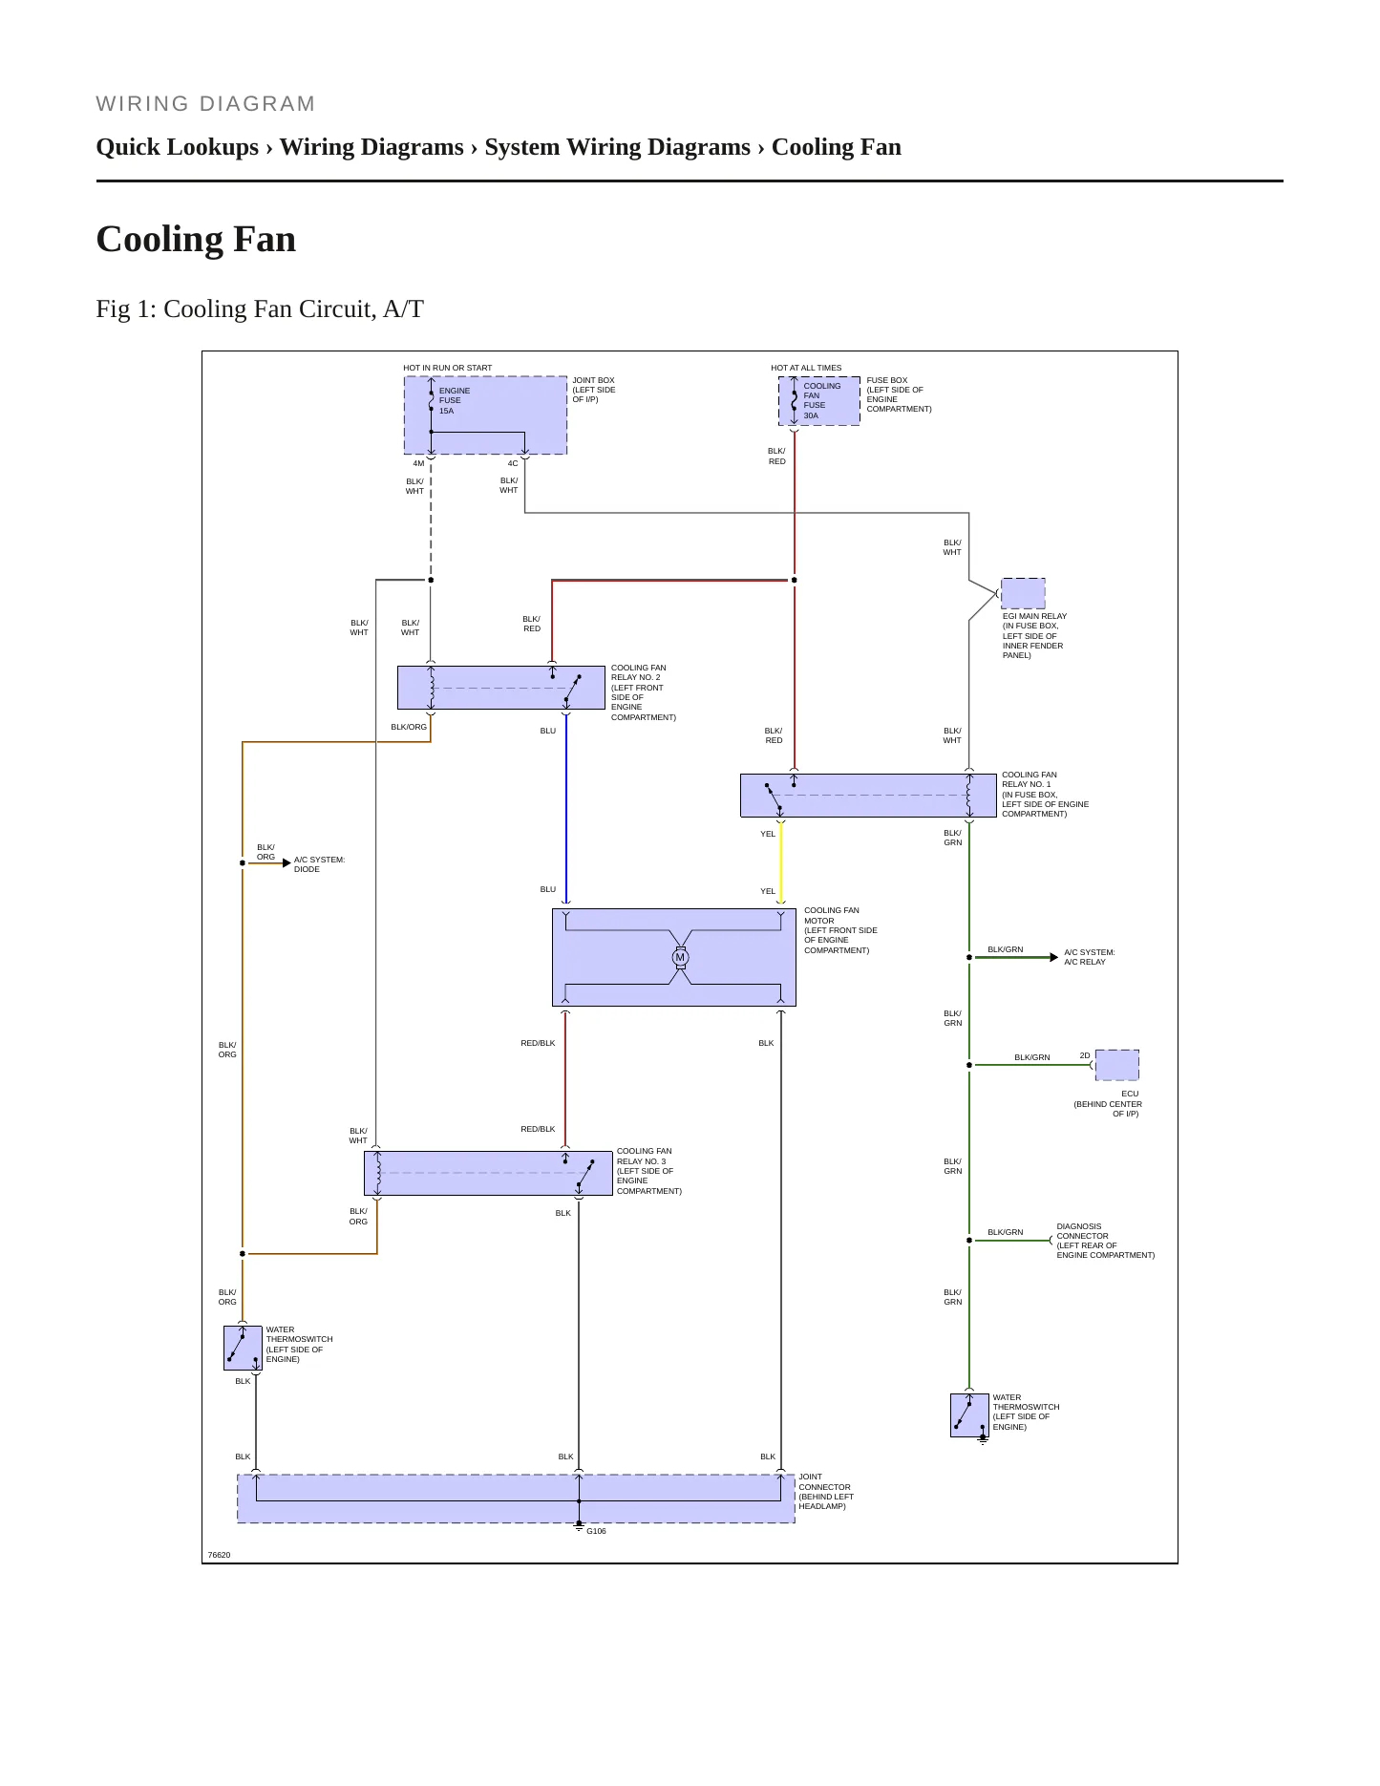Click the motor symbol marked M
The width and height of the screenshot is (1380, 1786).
click(680, 957)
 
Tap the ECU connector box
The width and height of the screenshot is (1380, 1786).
click(1116, 1065)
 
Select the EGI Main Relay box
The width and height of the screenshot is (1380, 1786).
click(1023, 593)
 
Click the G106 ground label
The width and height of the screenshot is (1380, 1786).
click(596, 1531)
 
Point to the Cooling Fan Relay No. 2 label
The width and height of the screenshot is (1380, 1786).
click(643, 692)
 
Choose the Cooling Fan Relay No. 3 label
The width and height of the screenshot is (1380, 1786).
click(648, 1171)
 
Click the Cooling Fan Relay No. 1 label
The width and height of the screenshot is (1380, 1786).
click(1045, 794)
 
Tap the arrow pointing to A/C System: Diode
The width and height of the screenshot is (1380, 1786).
click(269, 862)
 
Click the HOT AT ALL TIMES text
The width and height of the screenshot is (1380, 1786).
click(806, 368)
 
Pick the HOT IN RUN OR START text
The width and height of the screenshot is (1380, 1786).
click(447, 368)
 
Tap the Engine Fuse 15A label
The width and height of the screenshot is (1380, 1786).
click(454, 400)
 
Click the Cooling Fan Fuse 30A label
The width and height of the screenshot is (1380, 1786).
click(821, 400)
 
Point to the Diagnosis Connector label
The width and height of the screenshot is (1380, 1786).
click(1105, 1241)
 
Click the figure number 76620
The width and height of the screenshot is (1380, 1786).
click(219, 1555)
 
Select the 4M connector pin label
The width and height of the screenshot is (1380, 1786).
click(418, 463)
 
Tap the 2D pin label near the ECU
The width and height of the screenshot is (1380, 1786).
click(1085, 1055)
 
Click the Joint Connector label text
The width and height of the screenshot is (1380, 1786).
click(825, 1492)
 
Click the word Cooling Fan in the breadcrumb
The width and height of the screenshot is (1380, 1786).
click(836, 147)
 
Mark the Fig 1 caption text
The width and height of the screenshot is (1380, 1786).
click(260, 309)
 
